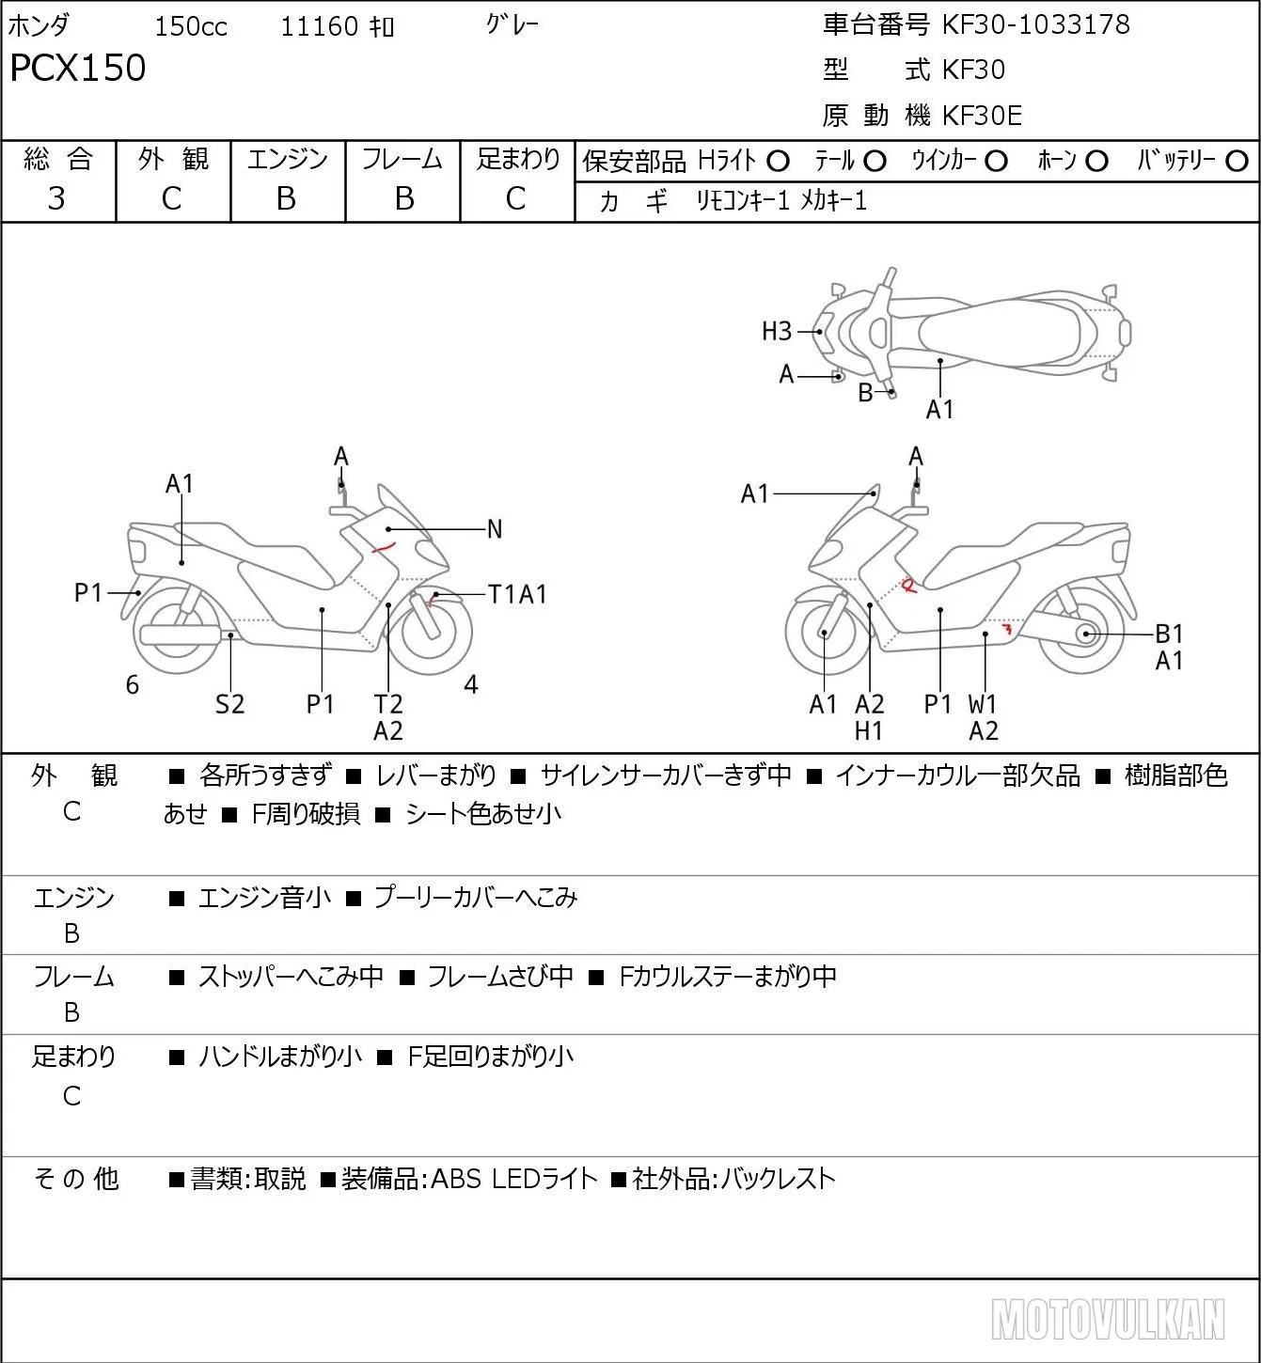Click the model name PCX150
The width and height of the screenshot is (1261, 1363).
pyautogui.click(x=78, y=68)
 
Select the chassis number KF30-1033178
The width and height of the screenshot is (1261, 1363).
pyautogui.click(x=1035, y=24)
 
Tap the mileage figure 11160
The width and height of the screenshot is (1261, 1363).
pyautogui.click(x=320, y=26)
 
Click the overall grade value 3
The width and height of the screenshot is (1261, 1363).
pyautogui.click(x=56, y=198)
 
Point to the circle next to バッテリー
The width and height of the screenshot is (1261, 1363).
pyautogui.click(x=1237, y=162)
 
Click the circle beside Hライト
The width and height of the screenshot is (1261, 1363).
pyautogui.click(x=778, y=162)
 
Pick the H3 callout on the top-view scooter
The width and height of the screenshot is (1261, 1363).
pyautogui.click(x=777, y=332)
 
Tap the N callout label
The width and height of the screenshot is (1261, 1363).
pyautogui.click(x=495, y=529)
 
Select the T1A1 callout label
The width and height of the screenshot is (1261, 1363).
pyautogui.click(x=517, y=594)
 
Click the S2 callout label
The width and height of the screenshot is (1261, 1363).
pyautogui.click(x=229, y=704)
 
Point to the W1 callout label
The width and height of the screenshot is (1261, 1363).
pyautogui.click(x=982, y=704)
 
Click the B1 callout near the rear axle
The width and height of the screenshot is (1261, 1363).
pyautogui.click(x=1169, y=634)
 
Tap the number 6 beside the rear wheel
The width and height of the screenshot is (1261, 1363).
pyautogui.click(x=133, y=684)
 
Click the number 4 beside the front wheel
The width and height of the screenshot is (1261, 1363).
pyautogui.click(x=471, y=684)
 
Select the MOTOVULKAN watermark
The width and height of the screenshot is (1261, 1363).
pyautogui.click(x=1108, y=1320)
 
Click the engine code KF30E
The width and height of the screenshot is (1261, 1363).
pyautogui.click(x=982, y=116)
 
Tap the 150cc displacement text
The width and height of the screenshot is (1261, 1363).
pyautogui.click(x=191, y=26)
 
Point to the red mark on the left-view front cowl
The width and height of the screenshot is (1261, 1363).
pyautogui.click(x=384, y=548)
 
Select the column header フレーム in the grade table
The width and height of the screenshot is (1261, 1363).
pyautogui.click(x=402, y=159)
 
